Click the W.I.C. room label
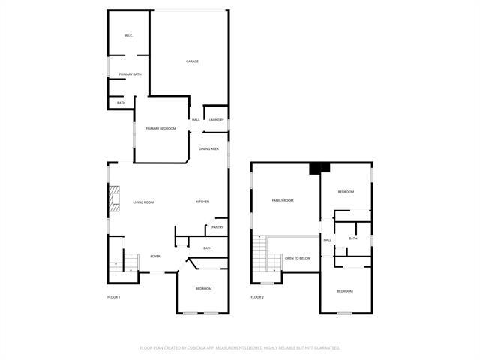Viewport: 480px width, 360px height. click(128, 36)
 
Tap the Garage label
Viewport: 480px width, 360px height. click(193, 61)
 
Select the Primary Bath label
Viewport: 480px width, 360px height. click(130, 74)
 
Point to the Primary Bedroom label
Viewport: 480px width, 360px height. click(160, 129)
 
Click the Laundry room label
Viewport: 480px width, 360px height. click(216, 120)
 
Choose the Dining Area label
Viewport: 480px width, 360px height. click(208, 149)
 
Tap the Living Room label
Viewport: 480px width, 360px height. click(143, 202)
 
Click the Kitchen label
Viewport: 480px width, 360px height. click(202, 202)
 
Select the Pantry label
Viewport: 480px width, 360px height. click(217, 227)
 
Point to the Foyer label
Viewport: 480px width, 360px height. click(155, 256)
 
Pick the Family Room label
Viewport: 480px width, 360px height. click(282, 200)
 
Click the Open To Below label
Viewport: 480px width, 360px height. click(298, 258)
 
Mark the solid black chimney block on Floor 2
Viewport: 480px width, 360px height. click(319, 168)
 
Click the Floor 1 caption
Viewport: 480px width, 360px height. click(113, 297)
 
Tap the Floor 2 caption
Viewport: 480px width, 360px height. click(257, 297)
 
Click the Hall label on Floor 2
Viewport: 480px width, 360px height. click(327, 240)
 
